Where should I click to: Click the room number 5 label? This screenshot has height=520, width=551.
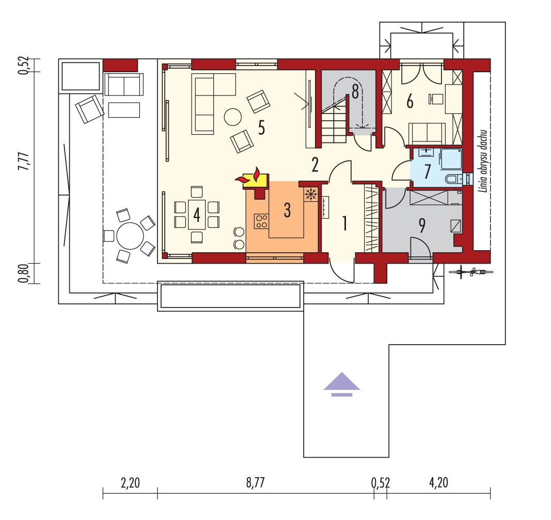[262, 128]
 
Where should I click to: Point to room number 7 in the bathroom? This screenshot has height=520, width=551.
[428, 172]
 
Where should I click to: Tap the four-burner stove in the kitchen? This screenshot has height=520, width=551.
[261, 221]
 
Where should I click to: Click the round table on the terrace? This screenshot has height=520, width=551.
[130, 236]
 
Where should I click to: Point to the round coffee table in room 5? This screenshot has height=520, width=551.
[232, 117]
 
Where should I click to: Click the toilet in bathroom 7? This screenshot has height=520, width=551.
[453, 179]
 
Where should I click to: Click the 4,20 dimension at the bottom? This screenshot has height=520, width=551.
[438, 483]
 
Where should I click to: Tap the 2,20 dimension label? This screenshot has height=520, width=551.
[130, 483]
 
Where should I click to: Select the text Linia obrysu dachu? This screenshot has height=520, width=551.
[484, 161]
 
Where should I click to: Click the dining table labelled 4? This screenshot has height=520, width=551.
[196, 214]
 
